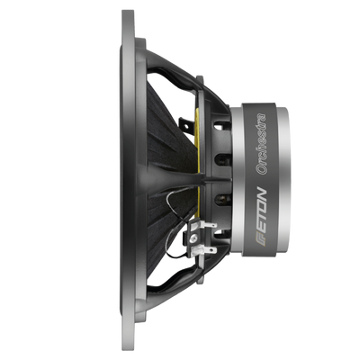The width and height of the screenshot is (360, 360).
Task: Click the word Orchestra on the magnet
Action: click(x=260, y=144)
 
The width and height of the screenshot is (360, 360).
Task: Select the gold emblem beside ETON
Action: click(x=261, y=241)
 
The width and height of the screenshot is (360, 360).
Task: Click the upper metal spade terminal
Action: click(x=208, y=225)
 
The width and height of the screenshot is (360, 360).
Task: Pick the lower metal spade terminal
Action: click(x=208, y=249)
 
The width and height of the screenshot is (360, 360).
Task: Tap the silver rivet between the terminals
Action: click(x=194, y=238)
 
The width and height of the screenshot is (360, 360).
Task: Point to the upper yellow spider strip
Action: click(x=197, y=141)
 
